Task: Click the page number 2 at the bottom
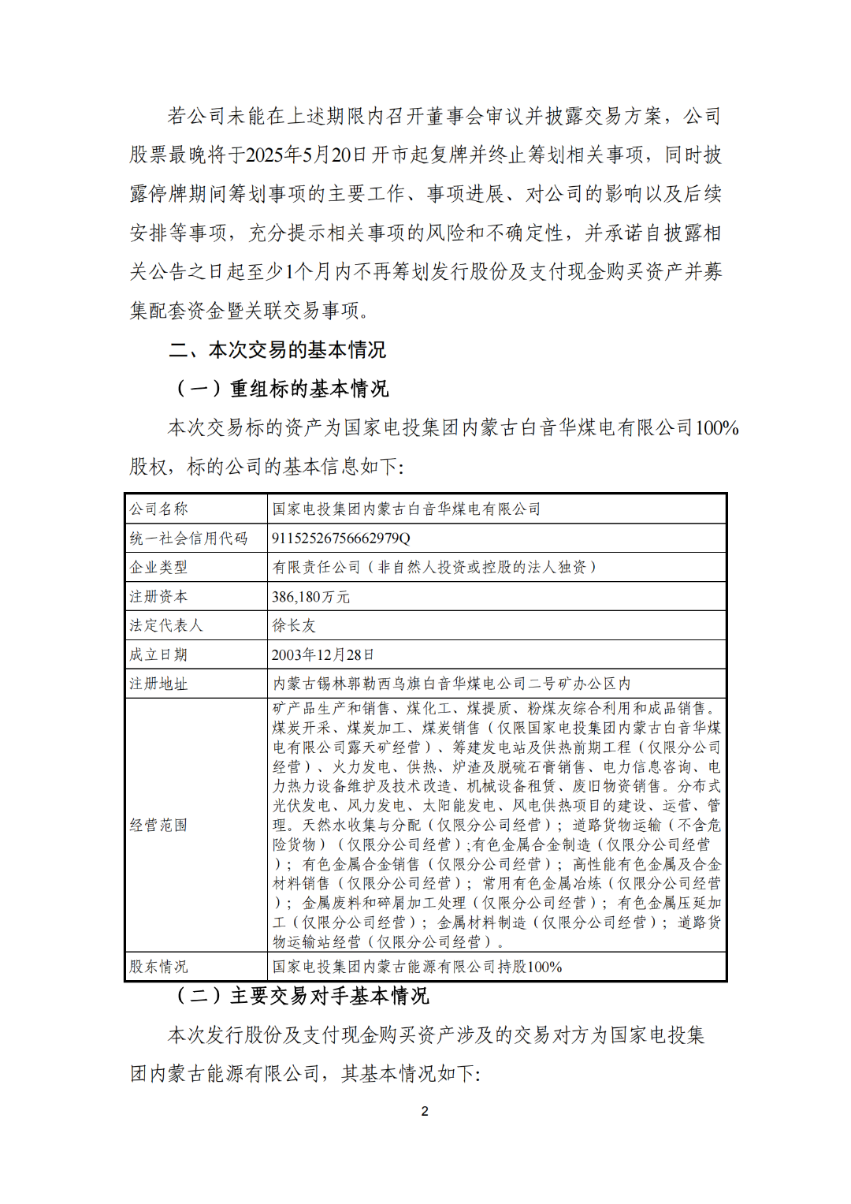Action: click(x=425, y=1111)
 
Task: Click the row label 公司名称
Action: click(x=158, y=509)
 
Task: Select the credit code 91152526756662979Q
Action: click(x=340, y=538)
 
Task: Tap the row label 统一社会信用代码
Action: click(x=188, y=538)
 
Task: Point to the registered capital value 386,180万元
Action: click(x=310, y=597)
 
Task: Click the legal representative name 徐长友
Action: click(x=293, y=625)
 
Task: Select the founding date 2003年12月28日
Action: click(x=322, y=654)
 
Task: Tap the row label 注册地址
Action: click(x=158, y=684)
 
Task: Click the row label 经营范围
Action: click(x=158, y=825)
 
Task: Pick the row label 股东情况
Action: click(x=158, y=967)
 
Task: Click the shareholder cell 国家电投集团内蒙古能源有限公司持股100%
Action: click(x=417, y=967)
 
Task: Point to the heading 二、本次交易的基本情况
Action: click(x=277, y=349)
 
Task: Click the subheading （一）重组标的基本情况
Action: click(x=281, y=389)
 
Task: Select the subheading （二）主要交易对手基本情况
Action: click(x=301, y=996)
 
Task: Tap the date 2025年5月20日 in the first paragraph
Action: click(x=307, y=155)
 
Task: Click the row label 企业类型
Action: click(x=158, y=567)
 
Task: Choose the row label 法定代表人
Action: click(x=165, y=625)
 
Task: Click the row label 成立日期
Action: click(x=158, y=654)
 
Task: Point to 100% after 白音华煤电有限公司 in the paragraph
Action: click(x=716, y=428)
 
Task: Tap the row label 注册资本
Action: click(x=158, y=597)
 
